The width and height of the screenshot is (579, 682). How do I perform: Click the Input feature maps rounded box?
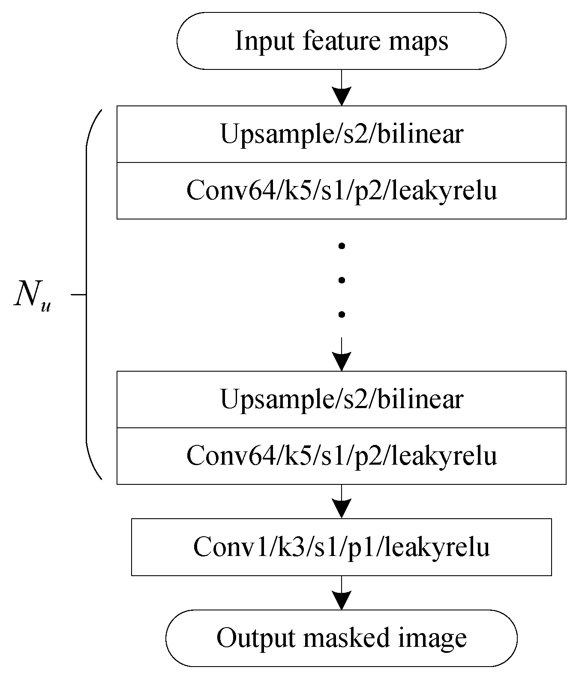click(x=341, y=41)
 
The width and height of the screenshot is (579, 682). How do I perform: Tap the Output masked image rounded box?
click(x=341, y=638)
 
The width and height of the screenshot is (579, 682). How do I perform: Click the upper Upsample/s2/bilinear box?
click(x=341, y=134)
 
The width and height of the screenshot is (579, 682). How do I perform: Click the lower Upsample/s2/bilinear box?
click(x=341, y=399)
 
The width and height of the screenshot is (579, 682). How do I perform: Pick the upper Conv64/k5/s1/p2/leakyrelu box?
click(x=341, y=191)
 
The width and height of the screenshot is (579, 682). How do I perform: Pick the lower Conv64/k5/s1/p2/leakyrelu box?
click(x=341, y=456)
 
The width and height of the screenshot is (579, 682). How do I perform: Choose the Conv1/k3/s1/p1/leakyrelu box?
click(x=341, y=547)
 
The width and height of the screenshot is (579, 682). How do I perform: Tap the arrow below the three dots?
click(x=342, y=354)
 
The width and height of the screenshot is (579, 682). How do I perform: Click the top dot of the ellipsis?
click(x=342, y=246)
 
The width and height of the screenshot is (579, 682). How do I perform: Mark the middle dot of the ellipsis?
click(x=342, y=280)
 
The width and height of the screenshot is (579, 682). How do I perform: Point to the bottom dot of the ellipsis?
click(x=342, y=315)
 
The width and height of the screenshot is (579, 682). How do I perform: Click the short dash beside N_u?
click(x=78, y=294)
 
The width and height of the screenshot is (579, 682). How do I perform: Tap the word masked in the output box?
click(x=347, y=638)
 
